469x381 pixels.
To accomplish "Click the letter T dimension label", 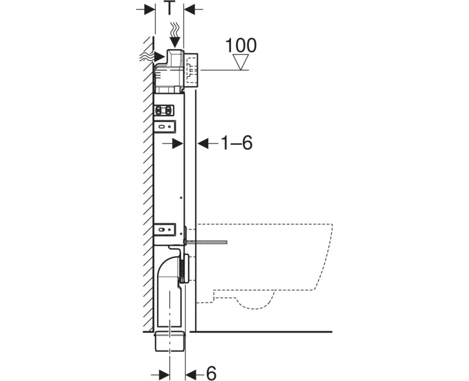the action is (x=169, y=9).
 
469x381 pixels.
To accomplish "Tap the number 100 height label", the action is (x=241, y=46).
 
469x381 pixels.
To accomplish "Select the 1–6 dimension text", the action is (x=237, y=142).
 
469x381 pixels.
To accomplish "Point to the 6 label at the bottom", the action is (x=211, y=373).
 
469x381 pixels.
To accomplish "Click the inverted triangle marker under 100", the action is (x=241, y=62).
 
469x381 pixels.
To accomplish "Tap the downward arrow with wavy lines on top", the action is (x=175, y=35).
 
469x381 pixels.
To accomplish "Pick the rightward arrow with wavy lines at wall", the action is (x=152, y=56).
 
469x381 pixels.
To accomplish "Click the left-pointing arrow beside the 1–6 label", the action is (x=208, y=143).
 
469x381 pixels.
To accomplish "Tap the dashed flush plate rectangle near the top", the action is (x=192, y=70).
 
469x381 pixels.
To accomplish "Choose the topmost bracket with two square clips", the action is (x=164, y=110).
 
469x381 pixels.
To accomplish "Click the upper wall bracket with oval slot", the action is (x=165, y=127).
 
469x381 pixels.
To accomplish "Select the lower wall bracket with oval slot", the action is (x=165, y=229).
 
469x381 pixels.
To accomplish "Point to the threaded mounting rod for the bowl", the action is (x=206, y=241).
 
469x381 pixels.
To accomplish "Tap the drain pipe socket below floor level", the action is (x=170, y=341).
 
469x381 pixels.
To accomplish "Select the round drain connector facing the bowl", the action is (x=185, y=268).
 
